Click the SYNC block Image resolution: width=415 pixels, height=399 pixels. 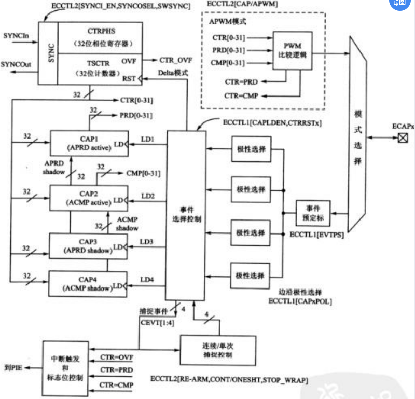[50, 52]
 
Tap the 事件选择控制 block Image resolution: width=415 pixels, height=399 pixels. [186, 214]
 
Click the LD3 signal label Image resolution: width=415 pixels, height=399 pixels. [147, 242]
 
